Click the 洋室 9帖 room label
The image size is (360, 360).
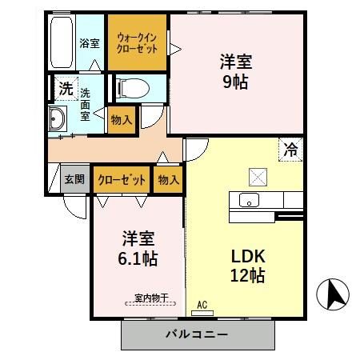(x=236, y=70)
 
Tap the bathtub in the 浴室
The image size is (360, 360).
(x=62, y=42)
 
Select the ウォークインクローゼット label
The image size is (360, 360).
(x=138, y=42)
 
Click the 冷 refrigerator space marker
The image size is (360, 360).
(x=291, y=149)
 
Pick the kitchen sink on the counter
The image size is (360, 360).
(x=249, y=200)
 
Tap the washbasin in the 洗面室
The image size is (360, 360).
(x=58, y=121)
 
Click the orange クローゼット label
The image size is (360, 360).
(x=122, y=180)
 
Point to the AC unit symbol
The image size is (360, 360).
(x=202, y=305)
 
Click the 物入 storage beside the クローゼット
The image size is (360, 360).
(x=168, y=180)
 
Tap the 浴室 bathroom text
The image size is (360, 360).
(x=90, y=43)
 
